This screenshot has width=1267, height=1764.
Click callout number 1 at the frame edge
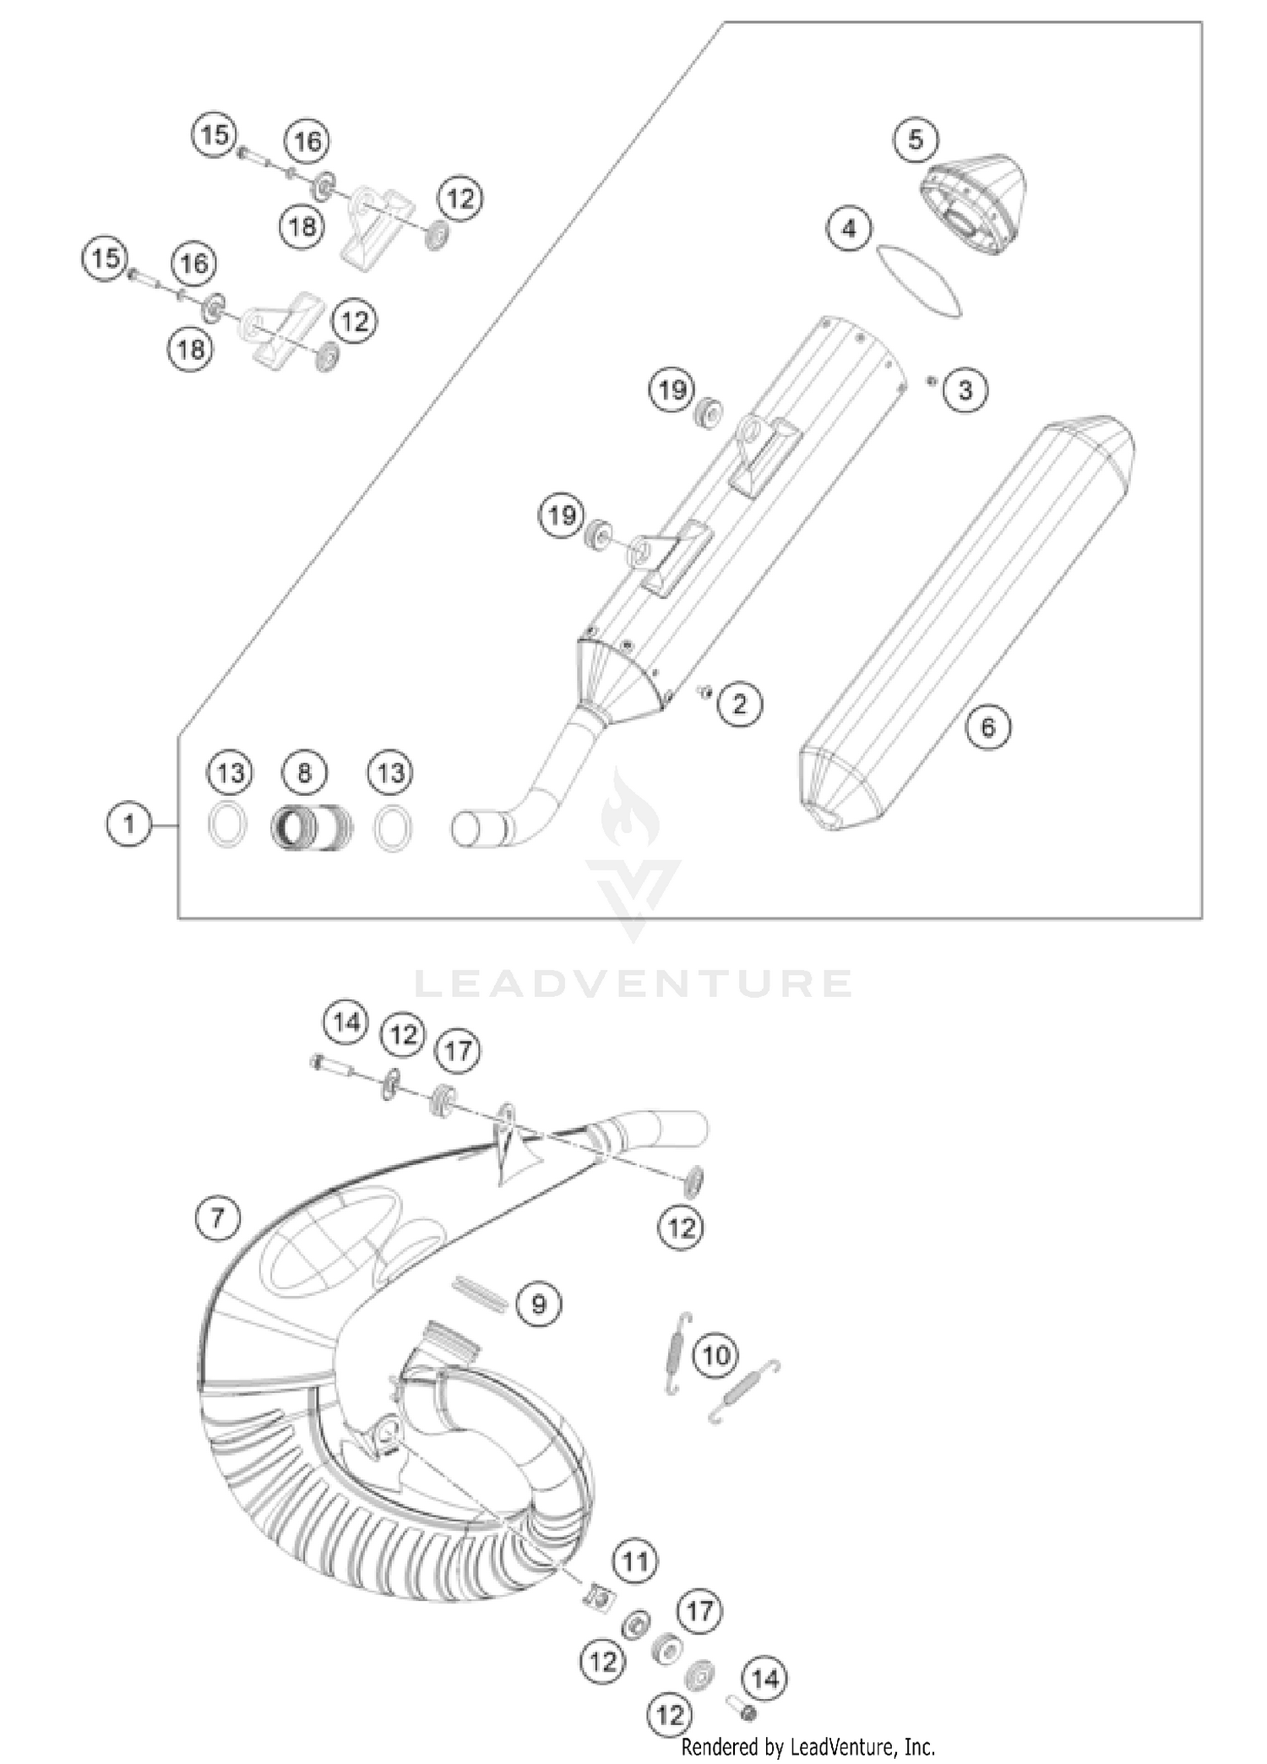click(128, 823)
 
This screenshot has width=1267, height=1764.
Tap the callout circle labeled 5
click(916, 139)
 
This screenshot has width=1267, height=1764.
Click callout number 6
click(988, 727)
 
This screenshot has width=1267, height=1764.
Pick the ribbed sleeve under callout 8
click(310, 827)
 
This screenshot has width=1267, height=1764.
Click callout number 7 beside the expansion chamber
click(217, 1217)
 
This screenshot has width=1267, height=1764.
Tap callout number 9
click(538, 1304)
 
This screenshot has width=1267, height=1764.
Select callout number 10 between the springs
click(715, 1357)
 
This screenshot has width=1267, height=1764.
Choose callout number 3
click(965, 390)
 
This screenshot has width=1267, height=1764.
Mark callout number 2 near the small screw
click(740, 704)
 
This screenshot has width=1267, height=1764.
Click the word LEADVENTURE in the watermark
click(633, 983)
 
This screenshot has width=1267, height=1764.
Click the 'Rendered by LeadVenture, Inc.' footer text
click(808, 1745)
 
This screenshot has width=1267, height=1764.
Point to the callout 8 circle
click(305, 772)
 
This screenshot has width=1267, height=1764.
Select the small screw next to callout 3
click(931, 381)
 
